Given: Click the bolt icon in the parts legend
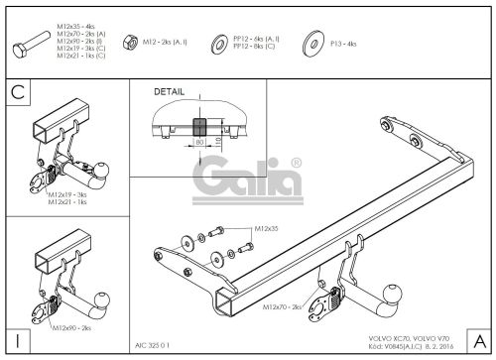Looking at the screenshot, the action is (x=41, y=43).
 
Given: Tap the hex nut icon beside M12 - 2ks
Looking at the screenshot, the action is (x=128, y=43).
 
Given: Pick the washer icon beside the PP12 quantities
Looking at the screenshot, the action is (x=218, y=43).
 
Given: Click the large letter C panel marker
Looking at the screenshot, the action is (x=17, y=96).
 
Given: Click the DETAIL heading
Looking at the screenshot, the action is (x=170, y=92).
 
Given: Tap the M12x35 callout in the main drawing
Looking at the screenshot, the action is (x=266, y=229).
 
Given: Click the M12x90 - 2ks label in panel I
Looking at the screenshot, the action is (x=71, y=326).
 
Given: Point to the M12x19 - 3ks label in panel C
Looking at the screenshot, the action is (x=68, y=195).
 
